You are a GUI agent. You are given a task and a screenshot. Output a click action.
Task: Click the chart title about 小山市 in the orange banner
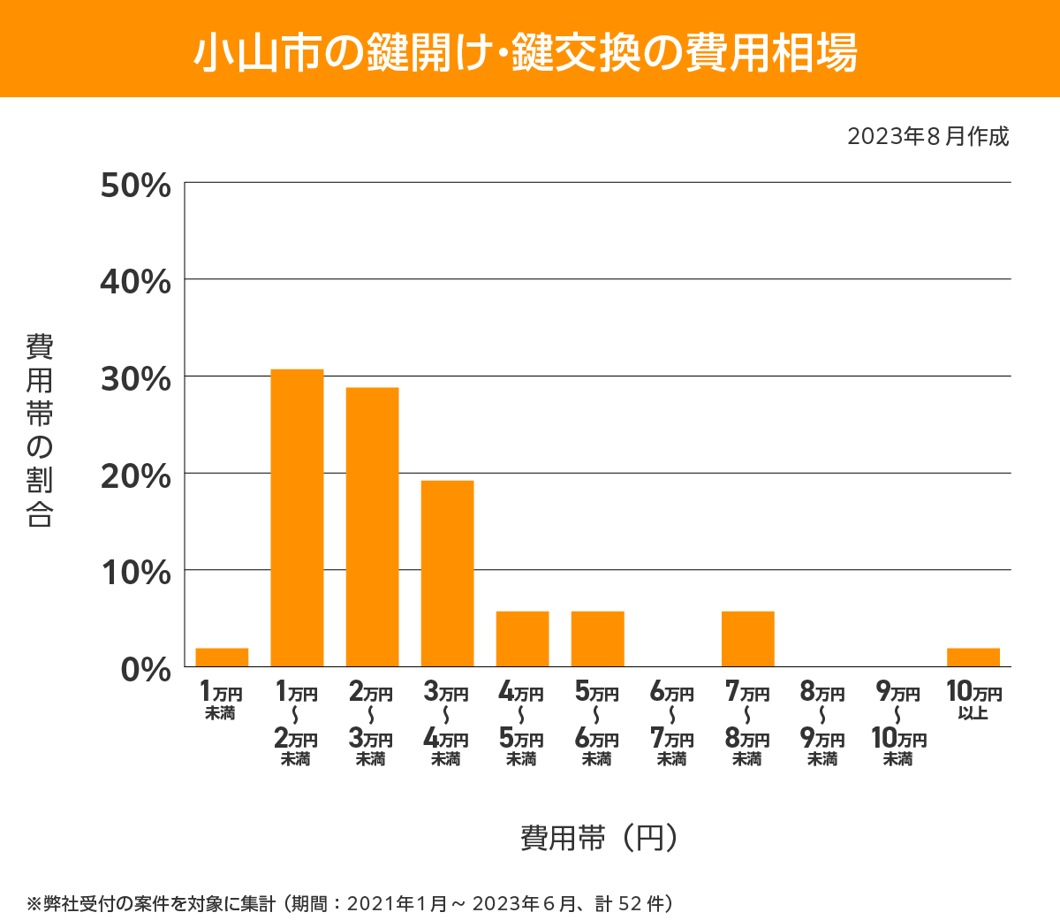pyautogui.click(x=526, y=52)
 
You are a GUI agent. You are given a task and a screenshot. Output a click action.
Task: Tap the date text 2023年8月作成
pyautogui.click(x=927, y=137)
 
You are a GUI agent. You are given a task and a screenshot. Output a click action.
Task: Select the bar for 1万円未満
pyautogui.click(x=222, y=658)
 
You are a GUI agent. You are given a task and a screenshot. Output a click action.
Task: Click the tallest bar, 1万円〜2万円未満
pyautogui.click(x=297, y=518)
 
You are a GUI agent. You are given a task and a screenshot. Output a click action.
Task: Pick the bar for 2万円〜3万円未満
pyautogui.click(x=372, y=527)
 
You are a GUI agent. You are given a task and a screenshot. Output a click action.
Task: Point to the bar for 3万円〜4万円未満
pyautogui.click(x=447, y=574)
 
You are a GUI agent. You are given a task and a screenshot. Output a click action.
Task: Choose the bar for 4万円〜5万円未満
pyautogui.click(x=522, y=639)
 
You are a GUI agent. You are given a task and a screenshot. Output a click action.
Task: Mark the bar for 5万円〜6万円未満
pyautogui.click(x=597, y=639)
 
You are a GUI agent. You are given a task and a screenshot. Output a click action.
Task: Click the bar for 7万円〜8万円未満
pyautogui.click(x=747, y=639)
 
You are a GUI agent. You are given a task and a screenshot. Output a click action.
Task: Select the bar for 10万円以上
pyautogui.click(x=973, y=658)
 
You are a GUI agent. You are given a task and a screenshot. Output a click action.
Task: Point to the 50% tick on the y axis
pyautogui.click(x=136, y=186)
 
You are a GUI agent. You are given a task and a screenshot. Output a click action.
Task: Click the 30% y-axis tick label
pyautogui.click(x=136, y=379)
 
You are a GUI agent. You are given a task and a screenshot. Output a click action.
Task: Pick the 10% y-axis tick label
pyautogui.click(x=136, y=573)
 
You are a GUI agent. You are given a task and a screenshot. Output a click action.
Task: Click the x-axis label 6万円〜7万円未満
pyautogui.click(x=672, y=725)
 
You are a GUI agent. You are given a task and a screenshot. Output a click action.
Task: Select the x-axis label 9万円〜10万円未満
pyautogui.click(x=897, y=725)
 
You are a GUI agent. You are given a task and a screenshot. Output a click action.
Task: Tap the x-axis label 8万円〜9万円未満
pyautogui.click(x=822, y=725)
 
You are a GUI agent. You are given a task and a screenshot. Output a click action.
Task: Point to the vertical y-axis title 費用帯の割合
pyautogui.click(x=40, y=430)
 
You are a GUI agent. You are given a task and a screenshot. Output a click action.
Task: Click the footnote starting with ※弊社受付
pyautogui.click(x=351, y=903)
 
